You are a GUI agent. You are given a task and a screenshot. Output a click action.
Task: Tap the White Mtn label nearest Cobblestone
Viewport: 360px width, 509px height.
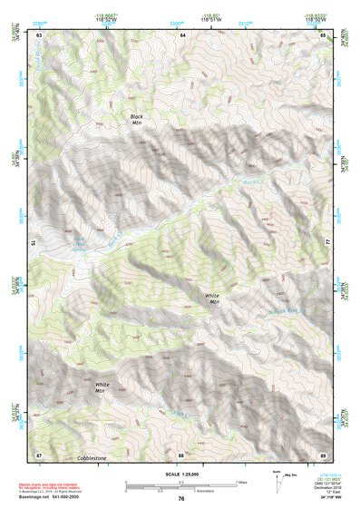click(102, 387)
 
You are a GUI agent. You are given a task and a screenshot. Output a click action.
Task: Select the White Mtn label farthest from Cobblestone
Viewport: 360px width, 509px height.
click(213, 299)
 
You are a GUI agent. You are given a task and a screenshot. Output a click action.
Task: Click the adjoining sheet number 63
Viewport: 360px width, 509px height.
click(38, 34)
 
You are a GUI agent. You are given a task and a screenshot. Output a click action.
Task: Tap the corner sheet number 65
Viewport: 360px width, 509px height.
click(324, 34)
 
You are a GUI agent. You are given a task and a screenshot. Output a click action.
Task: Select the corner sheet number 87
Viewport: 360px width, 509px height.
click(38, 454)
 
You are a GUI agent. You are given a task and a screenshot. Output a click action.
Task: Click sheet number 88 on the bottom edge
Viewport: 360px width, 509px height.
click(181, 454)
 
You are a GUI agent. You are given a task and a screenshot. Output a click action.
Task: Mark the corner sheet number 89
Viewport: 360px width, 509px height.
click(324, 454)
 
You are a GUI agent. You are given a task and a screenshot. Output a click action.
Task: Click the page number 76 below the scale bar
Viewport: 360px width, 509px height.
click(181, 499)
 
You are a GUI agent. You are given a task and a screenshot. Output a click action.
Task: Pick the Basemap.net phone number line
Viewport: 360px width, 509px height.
click(54, 498)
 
